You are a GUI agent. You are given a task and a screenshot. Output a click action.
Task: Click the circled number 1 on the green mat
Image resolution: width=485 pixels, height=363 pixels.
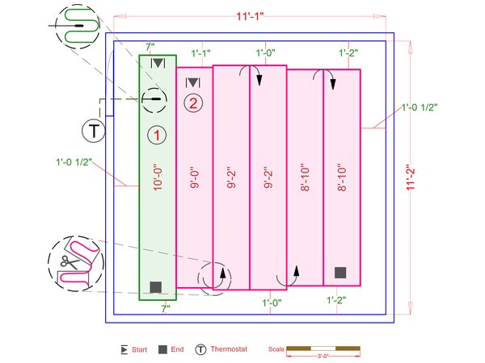(x=157, y=136)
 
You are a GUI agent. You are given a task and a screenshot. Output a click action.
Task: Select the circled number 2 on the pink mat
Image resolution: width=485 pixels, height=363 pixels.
(x=192, y=103)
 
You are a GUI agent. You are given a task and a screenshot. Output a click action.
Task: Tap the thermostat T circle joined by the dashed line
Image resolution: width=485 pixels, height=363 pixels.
(x=94, y=129)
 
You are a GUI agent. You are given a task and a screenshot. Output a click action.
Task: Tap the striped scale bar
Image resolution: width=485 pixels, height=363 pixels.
(x=323, y=348)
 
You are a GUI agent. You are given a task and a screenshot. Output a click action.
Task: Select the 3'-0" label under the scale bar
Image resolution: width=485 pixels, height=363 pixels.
(x=323, y=356)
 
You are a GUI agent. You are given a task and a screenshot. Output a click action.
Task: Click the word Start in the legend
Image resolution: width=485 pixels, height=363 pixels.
(x=138, y=349)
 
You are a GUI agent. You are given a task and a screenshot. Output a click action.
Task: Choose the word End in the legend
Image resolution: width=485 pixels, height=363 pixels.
(x=177, y=349)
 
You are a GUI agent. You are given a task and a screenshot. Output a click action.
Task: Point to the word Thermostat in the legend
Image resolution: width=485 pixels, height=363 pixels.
(x=229, y=349)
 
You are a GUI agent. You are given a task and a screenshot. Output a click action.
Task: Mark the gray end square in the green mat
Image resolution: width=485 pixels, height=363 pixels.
(x=155, y=286)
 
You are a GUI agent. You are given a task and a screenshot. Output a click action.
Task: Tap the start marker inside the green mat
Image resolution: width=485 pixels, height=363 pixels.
(x=158, y=62)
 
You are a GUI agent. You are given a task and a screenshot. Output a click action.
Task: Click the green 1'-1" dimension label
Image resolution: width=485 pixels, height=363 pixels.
(x=201, y=53)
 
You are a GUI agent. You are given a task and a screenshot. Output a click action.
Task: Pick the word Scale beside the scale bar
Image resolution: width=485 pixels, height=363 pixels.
(x=276, y=349)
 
